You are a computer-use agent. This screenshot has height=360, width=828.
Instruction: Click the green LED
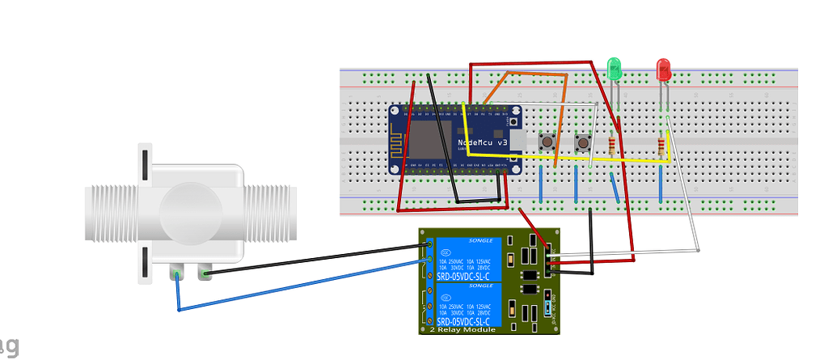(614, 69)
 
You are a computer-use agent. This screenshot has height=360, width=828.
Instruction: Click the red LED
(664, 69)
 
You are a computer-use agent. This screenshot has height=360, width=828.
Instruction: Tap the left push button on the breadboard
(548, 142)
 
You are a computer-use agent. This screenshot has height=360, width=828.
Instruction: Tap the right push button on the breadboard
(582, 143)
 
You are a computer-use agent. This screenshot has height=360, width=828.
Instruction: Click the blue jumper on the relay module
(548, 307)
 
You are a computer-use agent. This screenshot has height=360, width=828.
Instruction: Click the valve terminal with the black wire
(203, 273)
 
